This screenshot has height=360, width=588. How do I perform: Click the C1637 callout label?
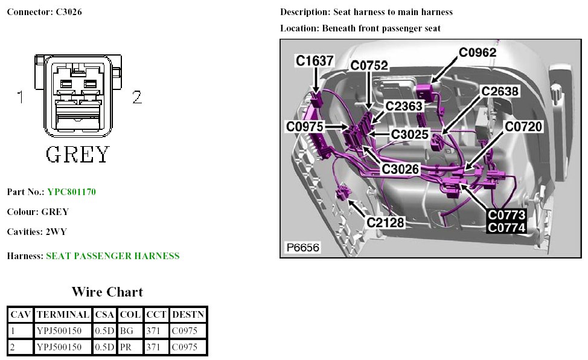[x=315, y=60]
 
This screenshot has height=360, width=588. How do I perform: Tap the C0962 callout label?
[x=478, y=53]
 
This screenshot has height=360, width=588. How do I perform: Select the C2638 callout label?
[x=499, y=91]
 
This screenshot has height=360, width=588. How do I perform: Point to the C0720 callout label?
[x=523, y=126]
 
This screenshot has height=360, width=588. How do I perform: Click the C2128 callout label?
[x=386, y=222]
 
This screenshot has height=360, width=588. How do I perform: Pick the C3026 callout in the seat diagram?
[x=401, y=170]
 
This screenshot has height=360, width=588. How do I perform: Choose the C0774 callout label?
[x=507, y=228]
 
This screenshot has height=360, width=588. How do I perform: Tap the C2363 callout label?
[x=404, y=106]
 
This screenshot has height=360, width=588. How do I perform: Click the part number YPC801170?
[x=71, y=192]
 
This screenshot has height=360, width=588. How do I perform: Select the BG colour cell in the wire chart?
[x=127, y=330]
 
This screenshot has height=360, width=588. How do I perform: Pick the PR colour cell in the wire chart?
[x=127, y=347]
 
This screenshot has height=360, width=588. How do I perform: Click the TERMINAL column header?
[x=63, y=315]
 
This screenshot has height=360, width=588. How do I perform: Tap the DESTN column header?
[x=188, y=315]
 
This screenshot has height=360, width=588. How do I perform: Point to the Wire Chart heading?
[x=107, y=292]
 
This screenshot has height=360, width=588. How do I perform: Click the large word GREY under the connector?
[x=78, y=154]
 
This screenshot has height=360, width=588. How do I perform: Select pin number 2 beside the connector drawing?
[x=137, y=97]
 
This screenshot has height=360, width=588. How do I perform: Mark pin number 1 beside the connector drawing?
[x=21, y=97]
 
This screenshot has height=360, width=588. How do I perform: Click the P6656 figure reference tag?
[x=302, y=247]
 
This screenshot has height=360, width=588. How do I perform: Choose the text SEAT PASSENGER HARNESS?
[x=113, y=256]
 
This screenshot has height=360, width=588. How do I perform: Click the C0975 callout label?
[x=305, y=126]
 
